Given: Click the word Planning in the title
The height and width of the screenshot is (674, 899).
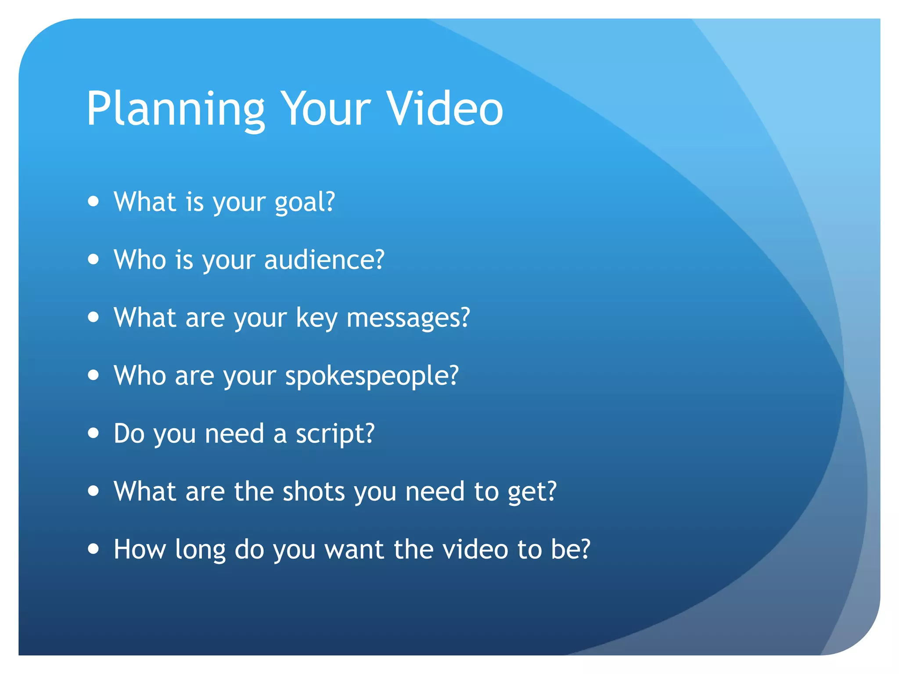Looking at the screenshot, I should [176, 110].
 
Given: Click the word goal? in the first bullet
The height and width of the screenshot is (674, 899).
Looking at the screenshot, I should [305, 203].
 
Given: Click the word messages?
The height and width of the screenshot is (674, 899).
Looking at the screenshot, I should [408, 318].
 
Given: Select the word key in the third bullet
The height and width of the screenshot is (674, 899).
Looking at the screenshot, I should [316, 318].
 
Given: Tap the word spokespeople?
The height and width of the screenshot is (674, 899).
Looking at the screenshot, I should [372, 376].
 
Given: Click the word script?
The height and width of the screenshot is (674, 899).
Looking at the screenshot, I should [335, 434].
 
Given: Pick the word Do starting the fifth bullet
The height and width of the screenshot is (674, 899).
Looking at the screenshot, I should [129, 434].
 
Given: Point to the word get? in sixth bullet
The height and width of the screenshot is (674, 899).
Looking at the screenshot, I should [532, 492].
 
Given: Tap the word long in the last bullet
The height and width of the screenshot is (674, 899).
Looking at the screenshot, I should [200, 550].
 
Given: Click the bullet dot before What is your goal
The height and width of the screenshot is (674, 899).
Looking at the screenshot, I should [93, 201].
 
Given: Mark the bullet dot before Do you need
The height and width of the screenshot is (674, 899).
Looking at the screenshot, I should [93, 433].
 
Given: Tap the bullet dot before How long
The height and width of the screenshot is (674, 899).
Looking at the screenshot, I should [93, 549].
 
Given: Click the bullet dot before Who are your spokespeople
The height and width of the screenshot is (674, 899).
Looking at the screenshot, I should [93, 375].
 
